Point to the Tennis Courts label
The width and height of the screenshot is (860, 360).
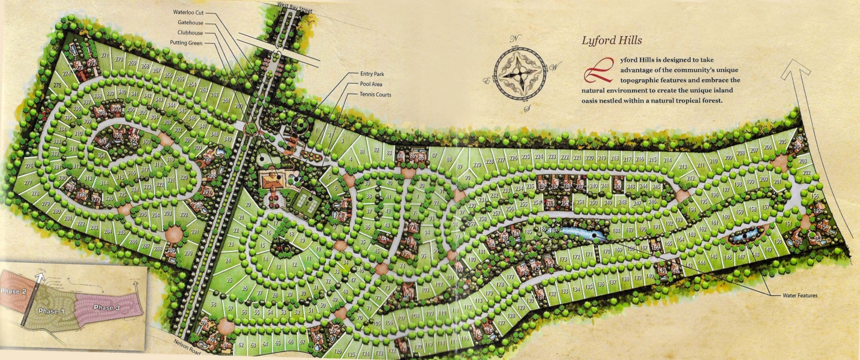pyautogui.click(x=376, y=95)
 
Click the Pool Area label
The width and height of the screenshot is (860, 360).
pyautogui.click(x=371, y=84)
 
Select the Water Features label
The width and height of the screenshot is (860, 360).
pyautogui.click(x=799, y=296)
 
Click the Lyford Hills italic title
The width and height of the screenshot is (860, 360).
pyautogui.click(x=612, y=41)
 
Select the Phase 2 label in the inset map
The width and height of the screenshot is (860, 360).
pyautogui.click(x=13, y=291)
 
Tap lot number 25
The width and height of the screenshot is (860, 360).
pyautogui.click(x=229, y=280)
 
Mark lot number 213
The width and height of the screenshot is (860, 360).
pyautogui.click(x=682, y=167)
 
